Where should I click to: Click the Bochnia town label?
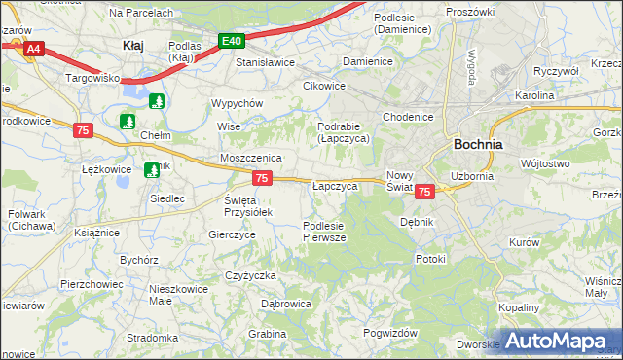coord(478,144)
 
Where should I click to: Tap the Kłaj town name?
coord(134,45)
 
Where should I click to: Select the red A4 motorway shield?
coord(33,48)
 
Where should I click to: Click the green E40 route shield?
coord(231,41)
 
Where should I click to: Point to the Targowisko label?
coord(92,76)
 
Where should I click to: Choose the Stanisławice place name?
coord(266,62)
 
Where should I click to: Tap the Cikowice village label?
coord(324,85)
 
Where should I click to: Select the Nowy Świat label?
coord(401,181)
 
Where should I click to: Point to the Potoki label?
coord(430,259)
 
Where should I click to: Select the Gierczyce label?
coord(232,234)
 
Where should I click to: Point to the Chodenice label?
coord(408,117)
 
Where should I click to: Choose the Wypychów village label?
coord(238,103)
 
